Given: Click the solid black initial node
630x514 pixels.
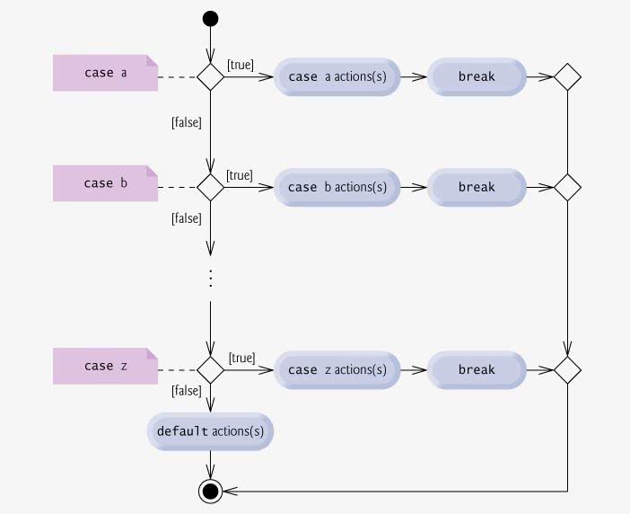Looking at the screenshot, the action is click(x=211, y=19).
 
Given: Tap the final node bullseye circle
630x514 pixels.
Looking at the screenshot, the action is click(x=211, y=491).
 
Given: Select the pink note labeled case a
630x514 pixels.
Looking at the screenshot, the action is click(x=105, y=73).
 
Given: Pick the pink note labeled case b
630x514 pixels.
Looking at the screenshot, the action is click(x=105, y=183).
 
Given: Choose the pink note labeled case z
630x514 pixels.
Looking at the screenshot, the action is click(x=105, y=366).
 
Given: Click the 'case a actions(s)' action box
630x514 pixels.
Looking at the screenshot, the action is click(x=337, y=76).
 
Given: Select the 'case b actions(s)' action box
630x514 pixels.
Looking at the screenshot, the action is click(x=337, y=188).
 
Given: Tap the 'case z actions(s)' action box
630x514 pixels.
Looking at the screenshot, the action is click(x=337, y=370).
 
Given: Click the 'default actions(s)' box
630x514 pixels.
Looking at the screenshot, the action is click(x=211, y=431).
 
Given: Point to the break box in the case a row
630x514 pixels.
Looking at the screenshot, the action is click(x=477, y=76).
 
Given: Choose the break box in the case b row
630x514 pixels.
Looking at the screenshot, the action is click(x=477, y=188).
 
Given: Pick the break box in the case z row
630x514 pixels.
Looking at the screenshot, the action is click(x=477, y=370).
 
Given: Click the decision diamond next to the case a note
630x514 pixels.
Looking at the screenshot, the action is click(x=211, y=76).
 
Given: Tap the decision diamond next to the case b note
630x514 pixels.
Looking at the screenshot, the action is click(x=211, y=188).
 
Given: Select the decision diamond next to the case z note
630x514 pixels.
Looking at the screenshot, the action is click(x=211, y=370).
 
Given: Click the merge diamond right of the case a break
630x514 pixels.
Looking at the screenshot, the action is click(x=567, y=76).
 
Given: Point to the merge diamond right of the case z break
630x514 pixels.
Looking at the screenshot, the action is click(x=567, y=370).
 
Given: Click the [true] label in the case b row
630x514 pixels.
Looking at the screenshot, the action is click(x=240, y=176).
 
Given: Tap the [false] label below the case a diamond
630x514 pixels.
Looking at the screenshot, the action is click(x=187, y=122).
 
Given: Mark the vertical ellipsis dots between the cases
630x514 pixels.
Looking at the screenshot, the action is click(x=211, y=278).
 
